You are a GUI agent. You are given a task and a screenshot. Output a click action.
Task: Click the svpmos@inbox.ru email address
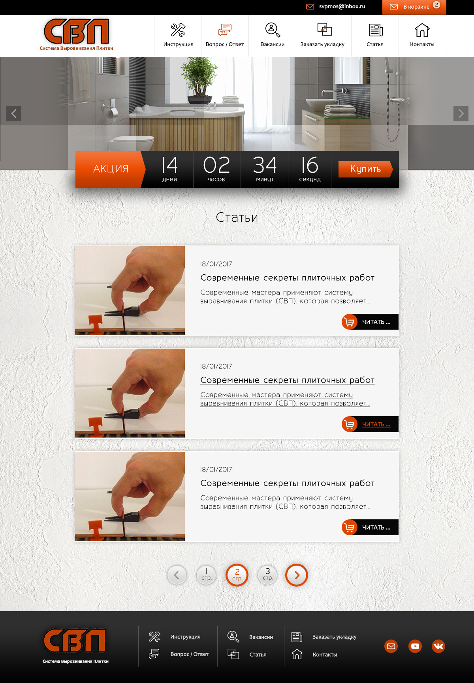(342, 7)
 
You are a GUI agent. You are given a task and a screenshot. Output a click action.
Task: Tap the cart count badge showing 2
(436, 5)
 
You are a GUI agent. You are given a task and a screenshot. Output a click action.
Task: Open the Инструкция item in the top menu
(178, 36)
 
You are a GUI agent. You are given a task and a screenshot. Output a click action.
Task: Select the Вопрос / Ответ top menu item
(225, 36)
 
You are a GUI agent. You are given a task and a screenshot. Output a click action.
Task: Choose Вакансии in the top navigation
(273, 36)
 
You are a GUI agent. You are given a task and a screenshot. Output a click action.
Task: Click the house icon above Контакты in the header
(422, 30)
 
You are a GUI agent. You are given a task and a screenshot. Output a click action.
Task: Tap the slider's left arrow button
(14, 114)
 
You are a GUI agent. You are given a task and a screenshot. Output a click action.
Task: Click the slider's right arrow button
(461, 114)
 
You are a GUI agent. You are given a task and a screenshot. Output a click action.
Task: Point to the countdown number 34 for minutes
(265, 165)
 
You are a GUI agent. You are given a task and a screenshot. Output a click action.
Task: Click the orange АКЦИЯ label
(111, 169)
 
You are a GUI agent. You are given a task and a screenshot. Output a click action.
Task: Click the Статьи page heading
(237, 217)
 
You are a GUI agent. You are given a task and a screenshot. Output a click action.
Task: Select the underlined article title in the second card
(288, 380)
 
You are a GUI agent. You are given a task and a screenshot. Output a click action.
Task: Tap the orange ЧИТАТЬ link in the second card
(376, 424)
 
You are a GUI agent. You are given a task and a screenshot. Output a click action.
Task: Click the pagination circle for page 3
(267, 575)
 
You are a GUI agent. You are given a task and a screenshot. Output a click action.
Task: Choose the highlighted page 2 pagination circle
(237, 575)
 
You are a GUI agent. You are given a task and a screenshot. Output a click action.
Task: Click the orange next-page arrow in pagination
(297, 575)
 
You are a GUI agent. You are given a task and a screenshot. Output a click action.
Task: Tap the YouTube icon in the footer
(415, 646)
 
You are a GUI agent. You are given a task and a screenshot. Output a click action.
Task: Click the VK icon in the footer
(438, 646)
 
